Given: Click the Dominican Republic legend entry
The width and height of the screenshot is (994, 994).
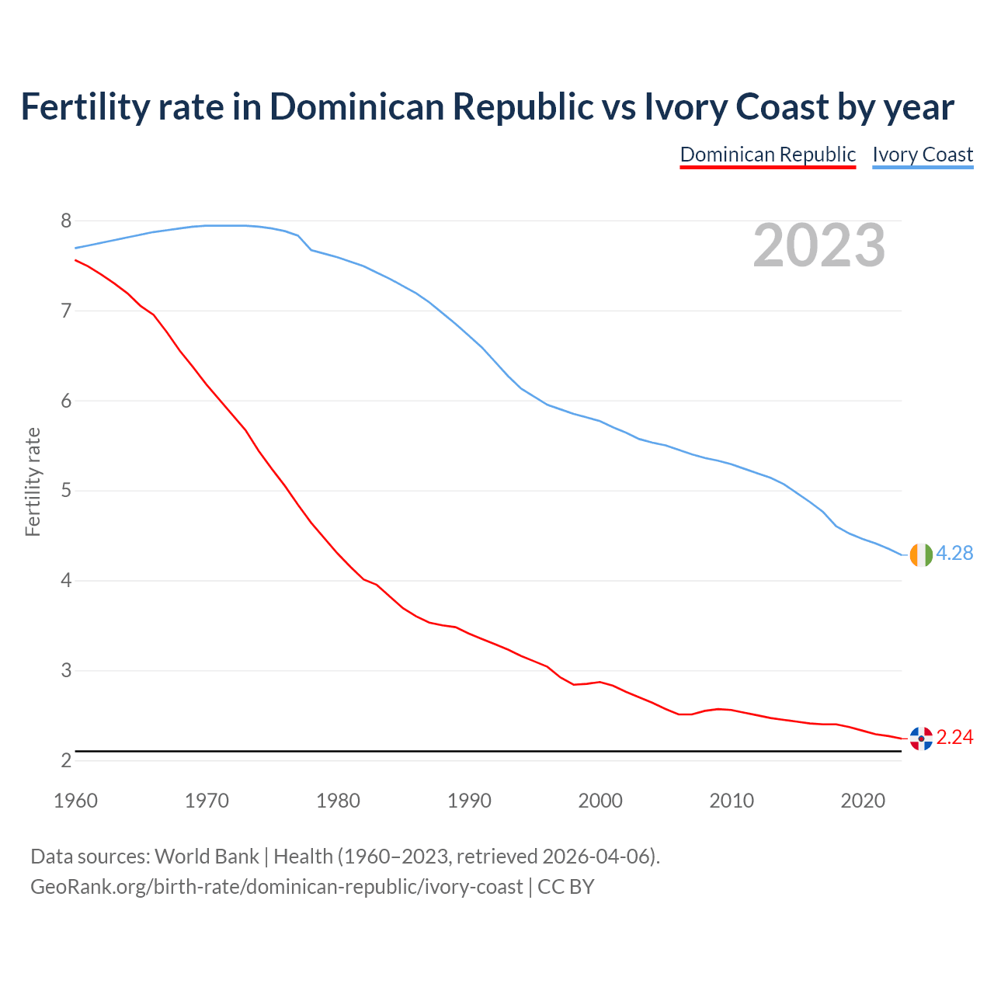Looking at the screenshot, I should coord(767,155).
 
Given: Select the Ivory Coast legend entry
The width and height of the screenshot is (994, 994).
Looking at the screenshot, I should coord(923,155).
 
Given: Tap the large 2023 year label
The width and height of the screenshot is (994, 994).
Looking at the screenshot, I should coord(819,245).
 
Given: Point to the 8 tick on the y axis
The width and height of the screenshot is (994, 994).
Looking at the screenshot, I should coord(66,221).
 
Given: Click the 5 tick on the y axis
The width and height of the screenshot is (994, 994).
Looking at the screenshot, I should coord(66,491).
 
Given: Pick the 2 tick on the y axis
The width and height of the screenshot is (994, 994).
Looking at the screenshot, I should coord(66,760).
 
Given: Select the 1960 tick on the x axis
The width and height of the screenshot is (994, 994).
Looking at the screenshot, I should coord(75,801).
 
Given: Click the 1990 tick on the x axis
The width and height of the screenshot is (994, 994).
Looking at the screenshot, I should coord(469,801).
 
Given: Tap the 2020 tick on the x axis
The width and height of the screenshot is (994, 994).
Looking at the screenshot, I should coord(863,801).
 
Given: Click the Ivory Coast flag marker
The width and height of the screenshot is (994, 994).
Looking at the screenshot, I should coord(921,554).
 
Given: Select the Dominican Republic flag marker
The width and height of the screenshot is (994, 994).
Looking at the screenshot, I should coord(921,739).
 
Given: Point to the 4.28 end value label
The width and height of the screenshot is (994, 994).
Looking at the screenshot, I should coord(954,554).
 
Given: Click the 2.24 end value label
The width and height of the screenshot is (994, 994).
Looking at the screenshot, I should coord(954,738).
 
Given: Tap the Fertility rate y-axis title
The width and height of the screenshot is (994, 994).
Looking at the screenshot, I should coord(33,481).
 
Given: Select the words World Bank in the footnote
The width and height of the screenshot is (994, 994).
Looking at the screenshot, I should coord(207,857).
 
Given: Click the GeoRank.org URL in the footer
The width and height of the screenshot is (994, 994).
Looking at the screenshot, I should coord(276,887).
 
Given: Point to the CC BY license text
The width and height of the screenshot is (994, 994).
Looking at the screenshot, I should coord(565,887).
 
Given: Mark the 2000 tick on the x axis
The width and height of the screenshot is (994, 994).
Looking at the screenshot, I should coord(600,801).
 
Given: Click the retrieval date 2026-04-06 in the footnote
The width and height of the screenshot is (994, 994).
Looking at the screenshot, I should coord(596,857).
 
